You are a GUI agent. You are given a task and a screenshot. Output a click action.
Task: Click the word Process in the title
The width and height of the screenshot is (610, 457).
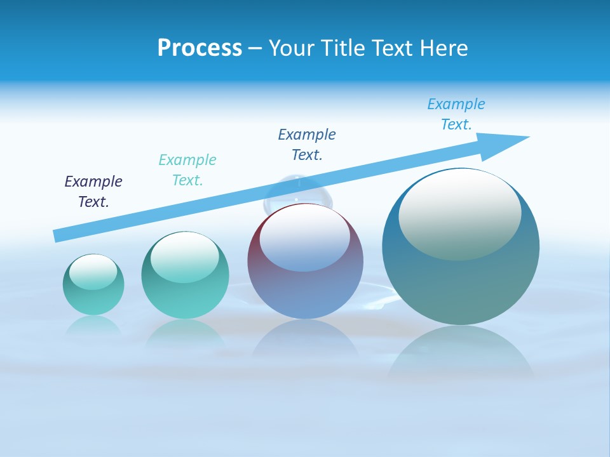pyautogui.click(x=200, y=48)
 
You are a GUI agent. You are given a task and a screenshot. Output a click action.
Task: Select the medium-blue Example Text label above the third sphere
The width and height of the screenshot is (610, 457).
pyautogui.click(x=307, y=145)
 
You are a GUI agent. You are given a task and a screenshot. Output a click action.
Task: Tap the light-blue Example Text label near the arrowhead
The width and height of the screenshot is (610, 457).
pyautogui.click(x=456, y=114)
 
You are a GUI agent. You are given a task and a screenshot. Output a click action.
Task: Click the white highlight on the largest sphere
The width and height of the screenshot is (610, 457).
pyautogui.click(x=459, y=215)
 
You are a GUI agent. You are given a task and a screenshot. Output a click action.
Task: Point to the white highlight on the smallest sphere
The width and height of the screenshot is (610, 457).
pyautogui.click(x=93, y=272)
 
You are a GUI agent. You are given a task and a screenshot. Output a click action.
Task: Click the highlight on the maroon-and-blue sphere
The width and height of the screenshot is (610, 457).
pyautogui.click(x=304, y=237)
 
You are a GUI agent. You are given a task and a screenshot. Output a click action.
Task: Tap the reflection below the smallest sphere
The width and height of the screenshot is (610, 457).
pyautogui.click(x=93, y=326)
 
